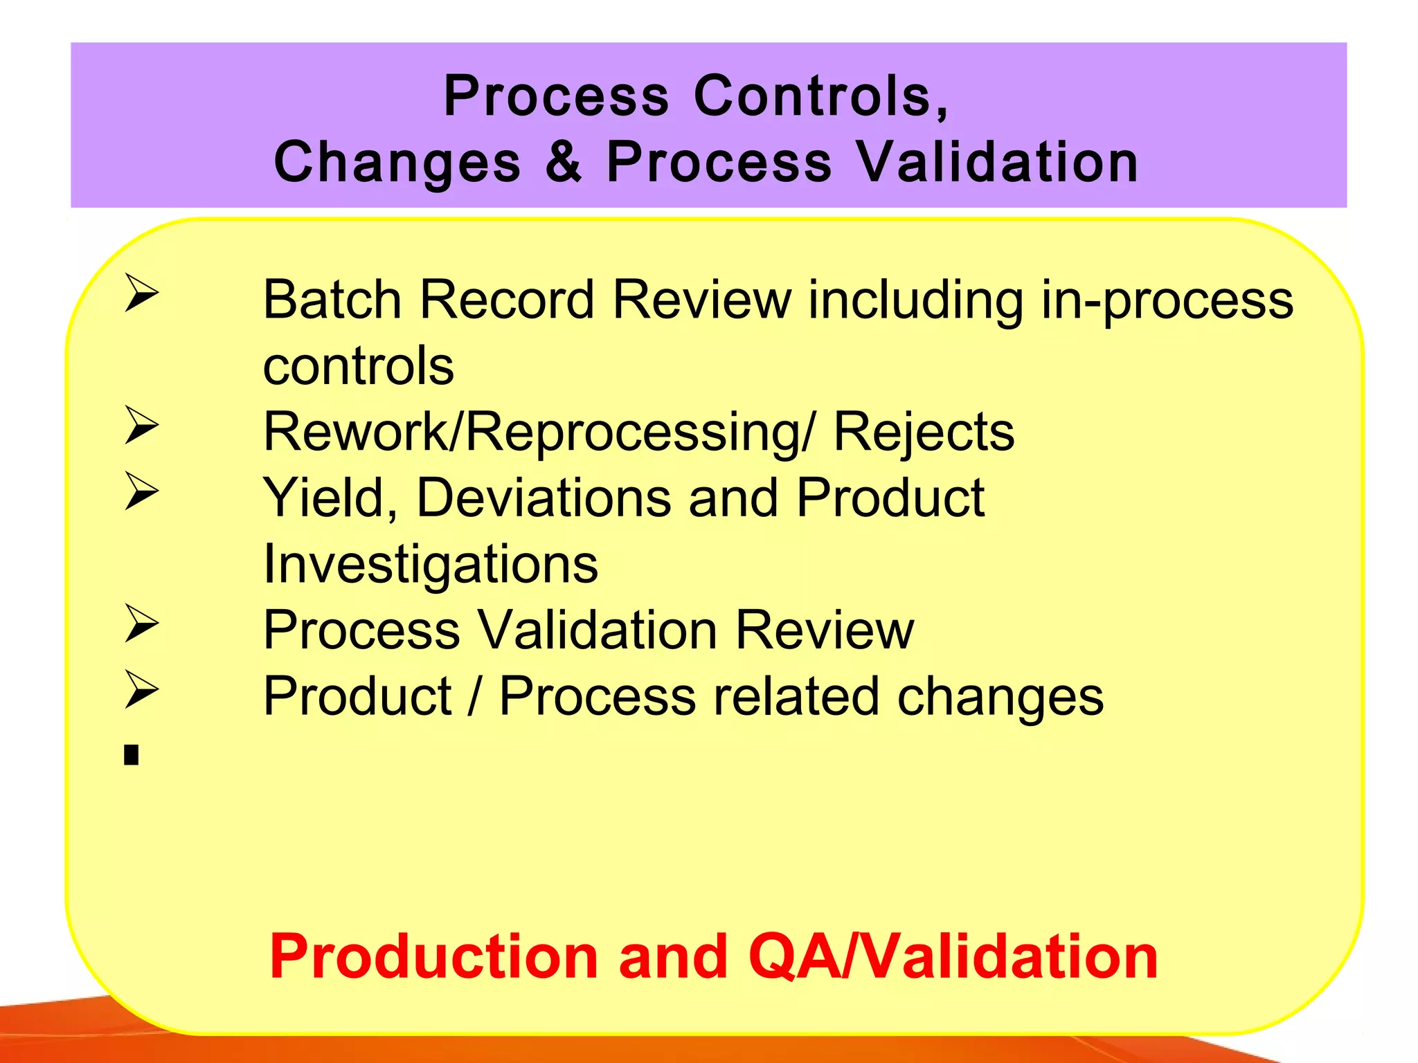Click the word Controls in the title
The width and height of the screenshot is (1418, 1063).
(x=820, y=96)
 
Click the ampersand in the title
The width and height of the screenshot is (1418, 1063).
(x=563, y=162)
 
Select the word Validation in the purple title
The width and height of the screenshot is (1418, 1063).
(x=998, y=162)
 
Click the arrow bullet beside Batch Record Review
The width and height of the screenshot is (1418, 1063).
(x=142, y=293)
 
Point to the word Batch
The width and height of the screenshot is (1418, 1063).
(x=332, y=300)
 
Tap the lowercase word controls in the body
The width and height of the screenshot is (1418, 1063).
(x=358, y=366)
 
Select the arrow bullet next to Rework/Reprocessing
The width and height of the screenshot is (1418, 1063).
(x=142, y=425)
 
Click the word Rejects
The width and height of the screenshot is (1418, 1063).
(x=923, y=433)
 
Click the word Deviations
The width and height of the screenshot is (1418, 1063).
(x=544, y=498)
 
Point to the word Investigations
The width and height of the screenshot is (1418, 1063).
(x=430, y=564)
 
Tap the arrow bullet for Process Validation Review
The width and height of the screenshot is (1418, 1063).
(x=142, y=623)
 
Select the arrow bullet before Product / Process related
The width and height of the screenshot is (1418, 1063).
(x=142, y=689)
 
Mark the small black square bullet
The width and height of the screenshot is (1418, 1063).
(x=132, y=754)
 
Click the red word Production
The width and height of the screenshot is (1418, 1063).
(x=433, y=956)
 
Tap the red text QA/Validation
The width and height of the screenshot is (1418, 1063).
(x=953, y=956)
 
